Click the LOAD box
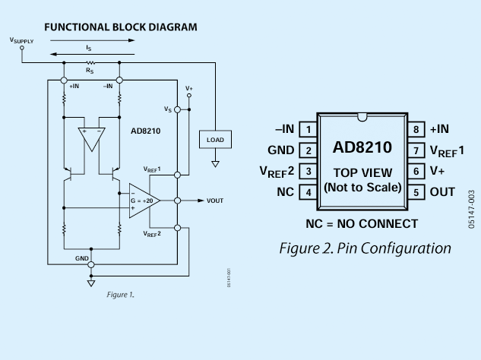(x=215, y=140)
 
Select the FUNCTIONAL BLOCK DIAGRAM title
(x=121, y=27)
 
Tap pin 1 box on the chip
(x=309, y=129)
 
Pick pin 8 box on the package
(x=416, y=129)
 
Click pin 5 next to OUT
(x=416, y=192)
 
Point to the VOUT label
(x=215, y=201)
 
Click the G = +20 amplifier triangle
(x=144, y=201)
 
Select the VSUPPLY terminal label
(x=21, y=40)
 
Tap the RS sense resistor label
(x=90, y=71)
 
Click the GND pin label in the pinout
(x=280, y=150)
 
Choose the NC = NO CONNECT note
(x=362, y=223)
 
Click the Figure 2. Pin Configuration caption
(x=365, y=248)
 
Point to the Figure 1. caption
(x=120, y=295)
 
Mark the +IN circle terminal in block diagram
(x=64, y=81)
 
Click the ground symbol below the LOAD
(x=215, y=164)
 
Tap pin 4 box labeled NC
(x=309, y=192)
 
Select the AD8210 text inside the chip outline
(x=362, y=147)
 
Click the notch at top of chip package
(x=362, y=117)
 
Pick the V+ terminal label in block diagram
(x=189, y=89)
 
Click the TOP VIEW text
(x=362, y=173)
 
